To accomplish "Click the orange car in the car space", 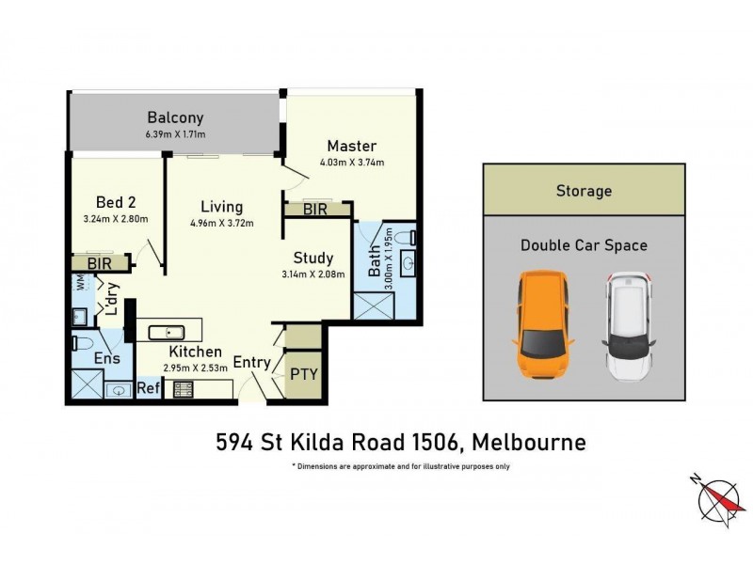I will (x=538, y=325).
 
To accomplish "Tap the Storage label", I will (x=584, y=191).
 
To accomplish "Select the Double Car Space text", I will (x=584, y=245).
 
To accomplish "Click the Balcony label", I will (x=175, y=118).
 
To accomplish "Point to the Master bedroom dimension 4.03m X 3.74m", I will (x=353, y=162).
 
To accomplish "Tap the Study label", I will (x=313, y=257).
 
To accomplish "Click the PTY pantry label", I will (x=304, y=373).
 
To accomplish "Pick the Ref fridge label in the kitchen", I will (x=148, y=387).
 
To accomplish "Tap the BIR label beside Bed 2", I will (x=99, y=265).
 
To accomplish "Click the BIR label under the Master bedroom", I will (x=315, y=210).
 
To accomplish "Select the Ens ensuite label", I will (x=105, y=358).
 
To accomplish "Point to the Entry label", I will (x=251, y=362).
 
